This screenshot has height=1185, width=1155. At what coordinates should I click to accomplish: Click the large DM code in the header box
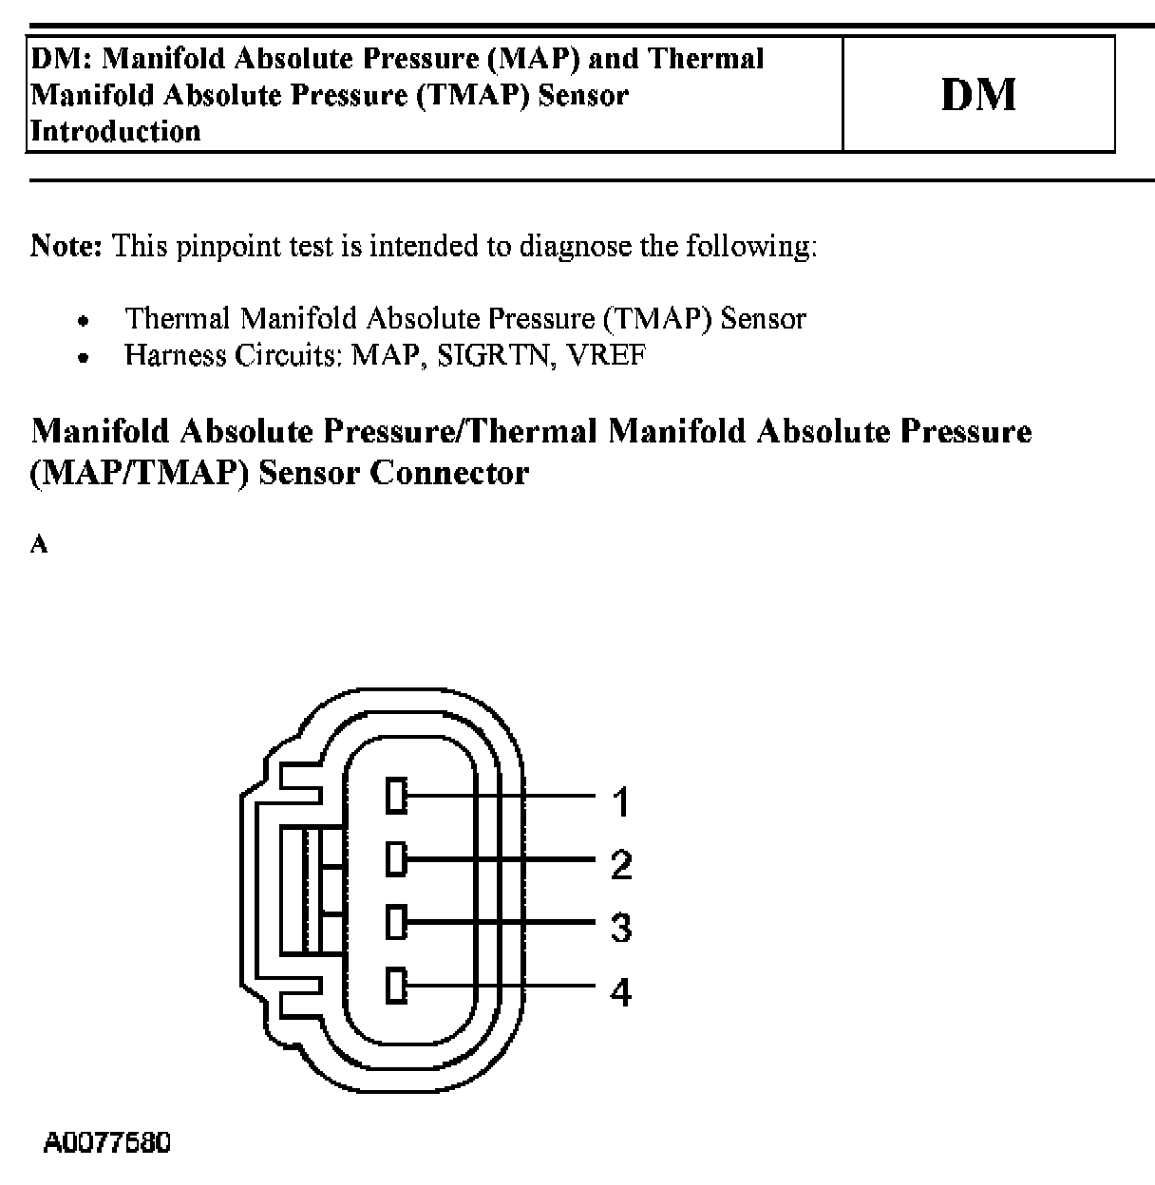tap(978, 95)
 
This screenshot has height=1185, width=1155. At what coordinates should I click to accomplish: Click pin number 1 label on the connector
tap(621, 802)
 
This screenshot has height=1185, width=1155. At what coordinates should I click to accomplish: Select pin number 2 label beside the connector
tap(621, 864)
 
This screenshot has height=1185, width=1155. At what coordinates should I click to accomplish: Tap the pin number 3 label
tap(621, 927)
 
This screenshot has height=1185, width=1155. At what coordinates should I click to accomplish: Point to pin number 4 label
tap(621, 992)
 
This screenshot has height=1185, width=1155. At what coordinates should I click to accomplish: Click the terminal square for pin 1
tap(396, 796)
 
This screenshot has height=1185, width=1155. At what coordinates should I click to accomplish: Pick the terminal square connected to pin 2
tap(396, 860)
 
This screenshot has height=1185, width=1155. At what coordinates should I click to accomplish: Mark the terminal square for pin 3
tap(396, 922)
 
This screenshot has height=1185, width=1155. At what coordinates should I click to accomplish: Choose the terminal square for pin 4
tap(396, 986)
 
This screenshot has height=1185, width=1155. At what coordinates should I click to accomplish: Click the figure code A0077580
tap(107, 1142)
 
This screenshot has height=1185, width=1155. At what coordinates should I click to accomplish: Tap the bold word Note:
tap(66, 246)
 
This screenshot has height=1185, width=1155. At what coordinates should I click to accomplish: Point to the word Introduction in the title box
tap(116, 131)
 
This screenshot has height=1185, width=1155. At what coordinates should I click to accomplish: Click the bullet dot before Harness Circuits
tap(85, 359)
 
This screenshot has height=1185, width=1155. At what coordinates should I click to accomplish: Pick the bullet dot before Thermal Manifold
tap(85, 321)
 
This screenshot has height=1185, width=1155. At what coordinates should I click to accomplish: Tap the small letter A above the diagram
tap(39, 545)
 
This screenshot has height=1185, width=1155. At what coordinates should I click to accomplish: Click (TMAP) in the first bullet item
tap(657, 318)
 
